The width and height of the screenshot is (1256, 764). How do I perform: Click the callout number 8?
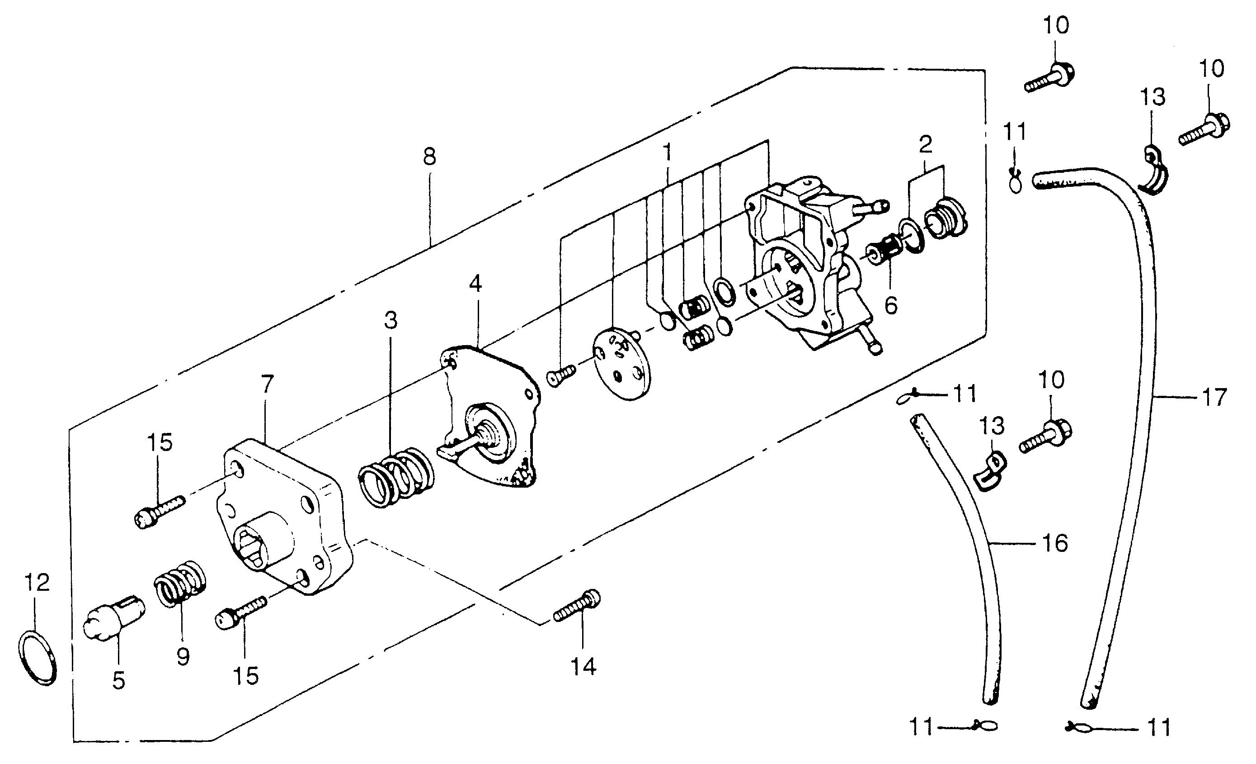430,157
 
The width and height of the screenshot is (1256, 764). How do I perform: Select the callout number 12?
38,583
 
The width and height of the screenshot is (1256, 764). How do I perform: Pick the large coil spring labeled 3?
396,477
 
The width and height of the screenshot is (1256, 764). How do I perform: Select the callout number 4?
475,284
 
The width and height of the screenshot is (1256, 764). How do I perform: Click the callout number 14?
583,666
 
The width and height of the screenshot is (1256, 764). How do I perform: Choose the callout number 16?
1055,543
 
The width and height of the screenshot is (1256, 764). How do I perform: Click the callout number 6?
890,305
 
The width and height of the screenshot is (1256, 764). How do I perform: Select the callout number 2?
926,144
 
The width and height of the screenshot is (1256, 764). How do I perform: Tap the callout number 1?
667,152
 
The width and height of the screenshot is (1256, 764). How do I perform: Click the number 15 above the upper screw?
160,442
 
